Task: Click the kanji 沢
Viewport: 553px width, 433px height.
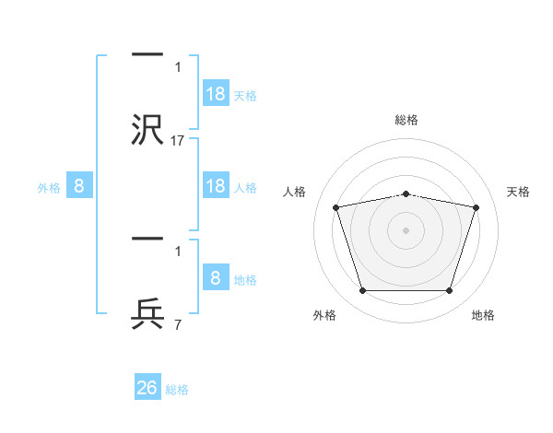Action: (x=147, y=129)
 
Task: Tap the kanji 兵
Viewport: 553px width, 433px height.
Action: (x=147, y=313)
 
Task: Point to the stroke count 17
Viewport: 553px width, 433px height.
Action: (x=177, y=141)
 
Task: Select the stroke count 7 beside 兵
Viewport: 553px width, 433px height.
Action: (x=178, y=324)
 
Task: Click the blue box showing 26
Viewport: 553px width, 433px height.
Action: (x=147, y=386)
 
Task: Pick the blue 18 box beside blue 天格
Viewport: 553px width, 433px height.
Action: (x=216, y=93)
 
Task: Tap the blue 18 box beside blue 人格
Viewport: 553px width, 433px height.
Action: (x=216, y=185)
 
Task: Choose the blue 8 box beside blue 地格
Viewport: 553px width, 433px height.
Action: (x=216, y=276)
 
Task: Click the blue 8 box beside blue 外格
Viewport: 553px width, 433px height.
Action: (x=79, y=185)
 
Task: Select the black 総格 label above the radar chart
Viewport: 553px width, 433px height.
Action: (x=406, y=120)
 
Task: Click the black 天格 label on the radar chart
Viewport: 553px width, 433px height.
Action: (x=518, y=192)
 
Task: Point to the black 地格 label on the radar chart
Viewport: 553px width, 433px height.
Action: (x=483, y=315)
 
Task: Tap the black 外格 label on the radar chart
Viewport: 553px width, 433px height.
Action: (x=324, y=315)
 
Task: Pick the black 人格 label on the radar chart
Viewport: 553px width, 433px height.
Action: (x=294, y=192)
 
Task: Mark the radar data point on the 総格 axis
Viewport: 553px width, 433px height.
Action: (x=406, y=194)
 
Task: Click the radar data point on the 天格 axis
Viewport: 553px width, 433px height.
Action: (x=476, y=207)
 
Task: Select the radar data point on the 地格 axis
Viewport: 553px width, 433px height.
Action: (x=449, y=290)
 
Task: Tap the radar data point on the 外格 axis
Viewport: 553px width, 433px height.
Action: (x=362, y=290)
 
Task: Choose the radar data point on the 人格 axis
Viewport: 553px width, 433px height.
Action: (x=336, y=207)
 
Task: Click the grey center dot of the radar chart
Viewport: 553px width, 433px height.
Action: (x=406, y=230)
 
